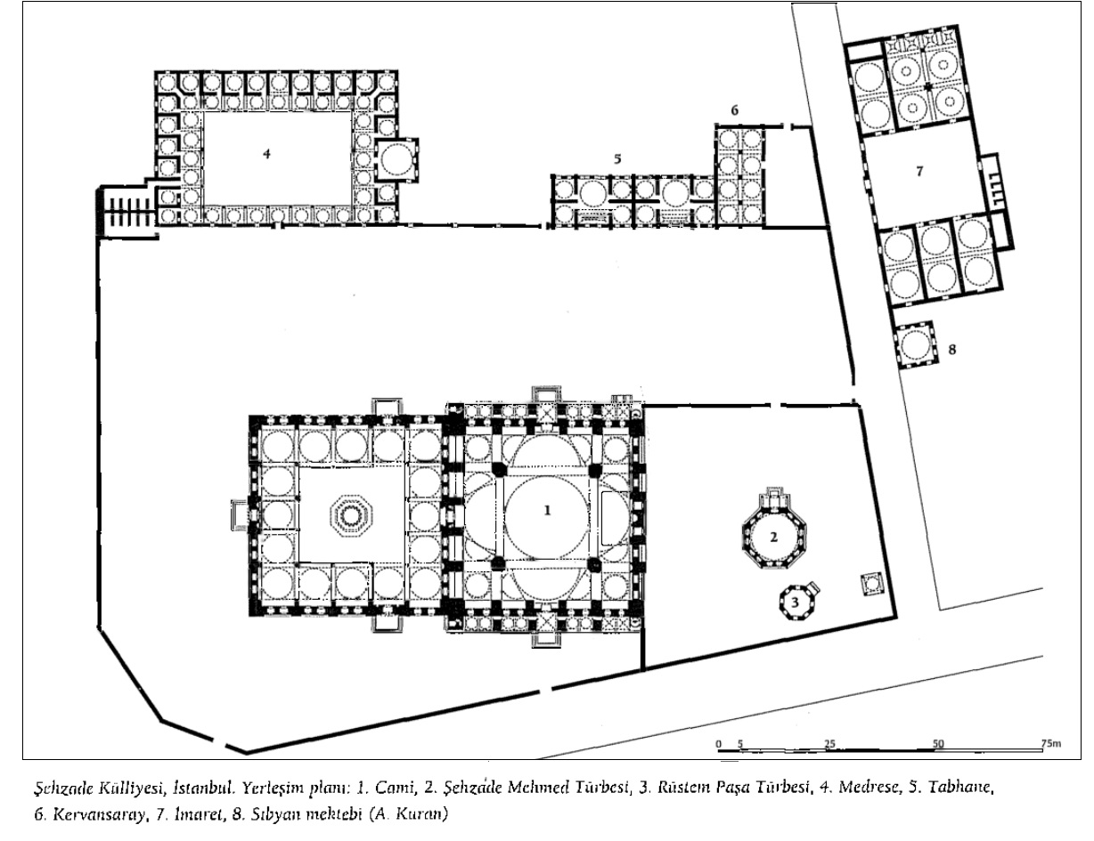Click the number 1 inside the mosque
coord(547,511)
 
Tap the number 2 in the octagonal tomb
coord(773,538)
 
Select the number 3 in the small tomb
coord(795,602)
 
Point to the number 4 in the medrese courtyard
coord(267,154)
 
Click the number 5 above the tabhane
coord(617,158)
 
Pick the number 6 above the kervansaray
coord(735,110)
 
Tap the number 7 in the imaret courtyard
coord(919,172)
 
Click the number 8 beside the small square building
coord(952,350)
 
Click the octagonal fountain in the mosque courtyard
coord(351,516)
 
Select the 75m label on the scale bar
coord(1050,743)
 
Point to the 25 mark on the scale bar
coord(829,744)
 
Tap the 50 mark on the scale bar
coord(937,744)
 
